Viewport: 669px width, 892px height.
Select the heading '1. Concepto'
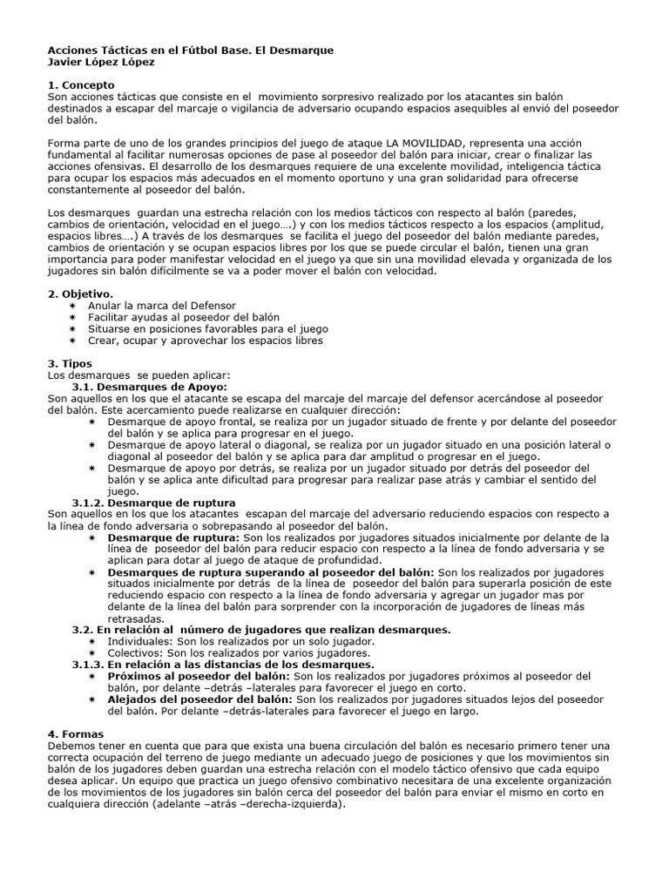coord(77,84)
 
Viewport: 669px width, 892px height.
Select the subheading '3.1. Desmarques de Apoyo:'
coord(149,386)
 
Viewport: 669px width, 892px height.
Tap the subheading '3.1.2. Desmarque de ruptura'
coord(153,503)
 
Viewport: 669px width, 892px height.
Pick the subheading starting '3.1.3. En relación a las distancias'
coord(222,664)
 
